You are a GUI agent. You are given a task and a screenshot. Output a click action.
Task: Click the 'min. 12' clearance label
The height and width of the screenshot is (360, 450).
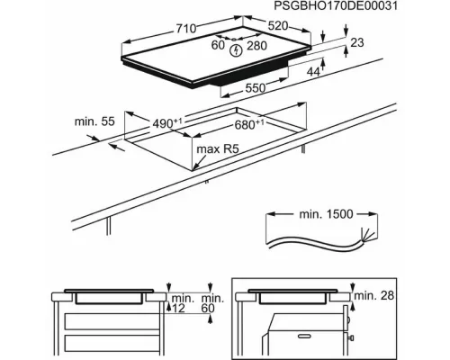[182, 304]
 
